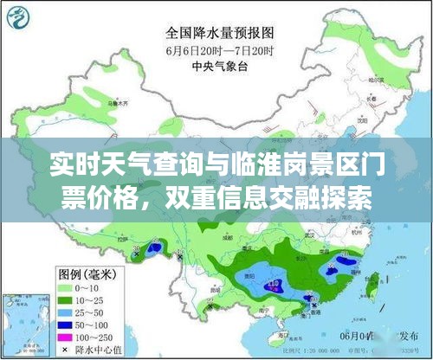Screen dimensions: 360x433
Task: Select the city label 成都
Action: click(228, 235)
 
